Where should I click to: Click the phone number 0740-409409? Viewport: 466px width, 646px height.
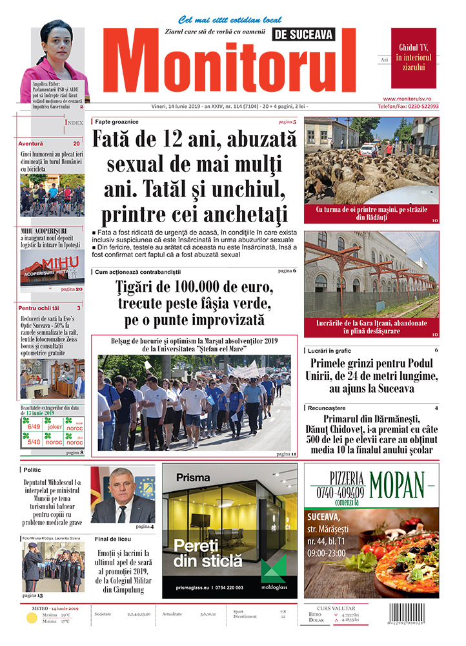(x=338, y=492)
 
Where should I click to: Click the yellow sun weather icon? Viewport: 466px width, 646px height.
(x=32, y=618)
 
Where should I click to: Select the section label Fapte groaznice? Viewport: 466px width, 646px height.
(x=116, y=121)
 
